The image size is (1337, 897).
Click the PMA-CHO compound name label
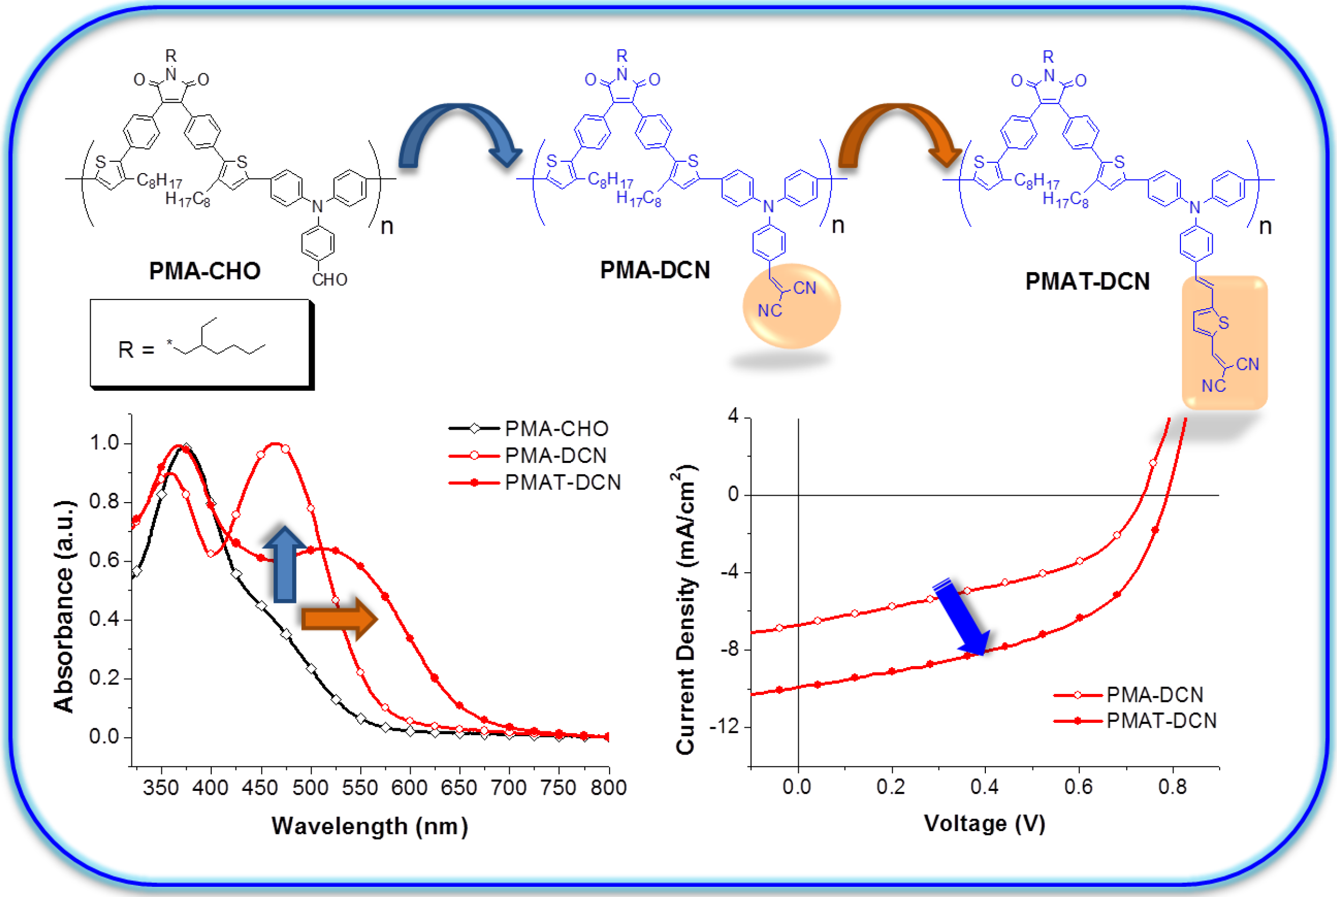(x=204, y=271)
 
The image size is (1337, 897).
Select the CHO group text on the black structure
(x=330, y=280)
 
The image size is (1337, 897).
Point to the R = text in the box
(x=136, y=349)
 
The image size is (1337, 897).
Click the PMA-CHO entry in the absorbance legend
(x=556, y=429)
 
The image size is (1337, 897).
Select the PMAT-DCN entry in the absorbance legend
(x=562, y=482)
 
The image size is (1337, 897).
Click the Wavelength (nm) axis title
(x=370, y=826)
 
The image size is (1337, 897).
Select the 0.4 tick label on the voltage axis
(x=984, y=788)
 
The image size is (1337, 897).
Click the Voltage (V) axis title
(x=984, y=824)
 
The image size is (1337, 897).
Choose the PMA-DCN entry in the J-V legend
(x=1154, y=694)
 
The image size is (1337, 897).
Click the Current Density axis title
(x=685, y=609)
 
